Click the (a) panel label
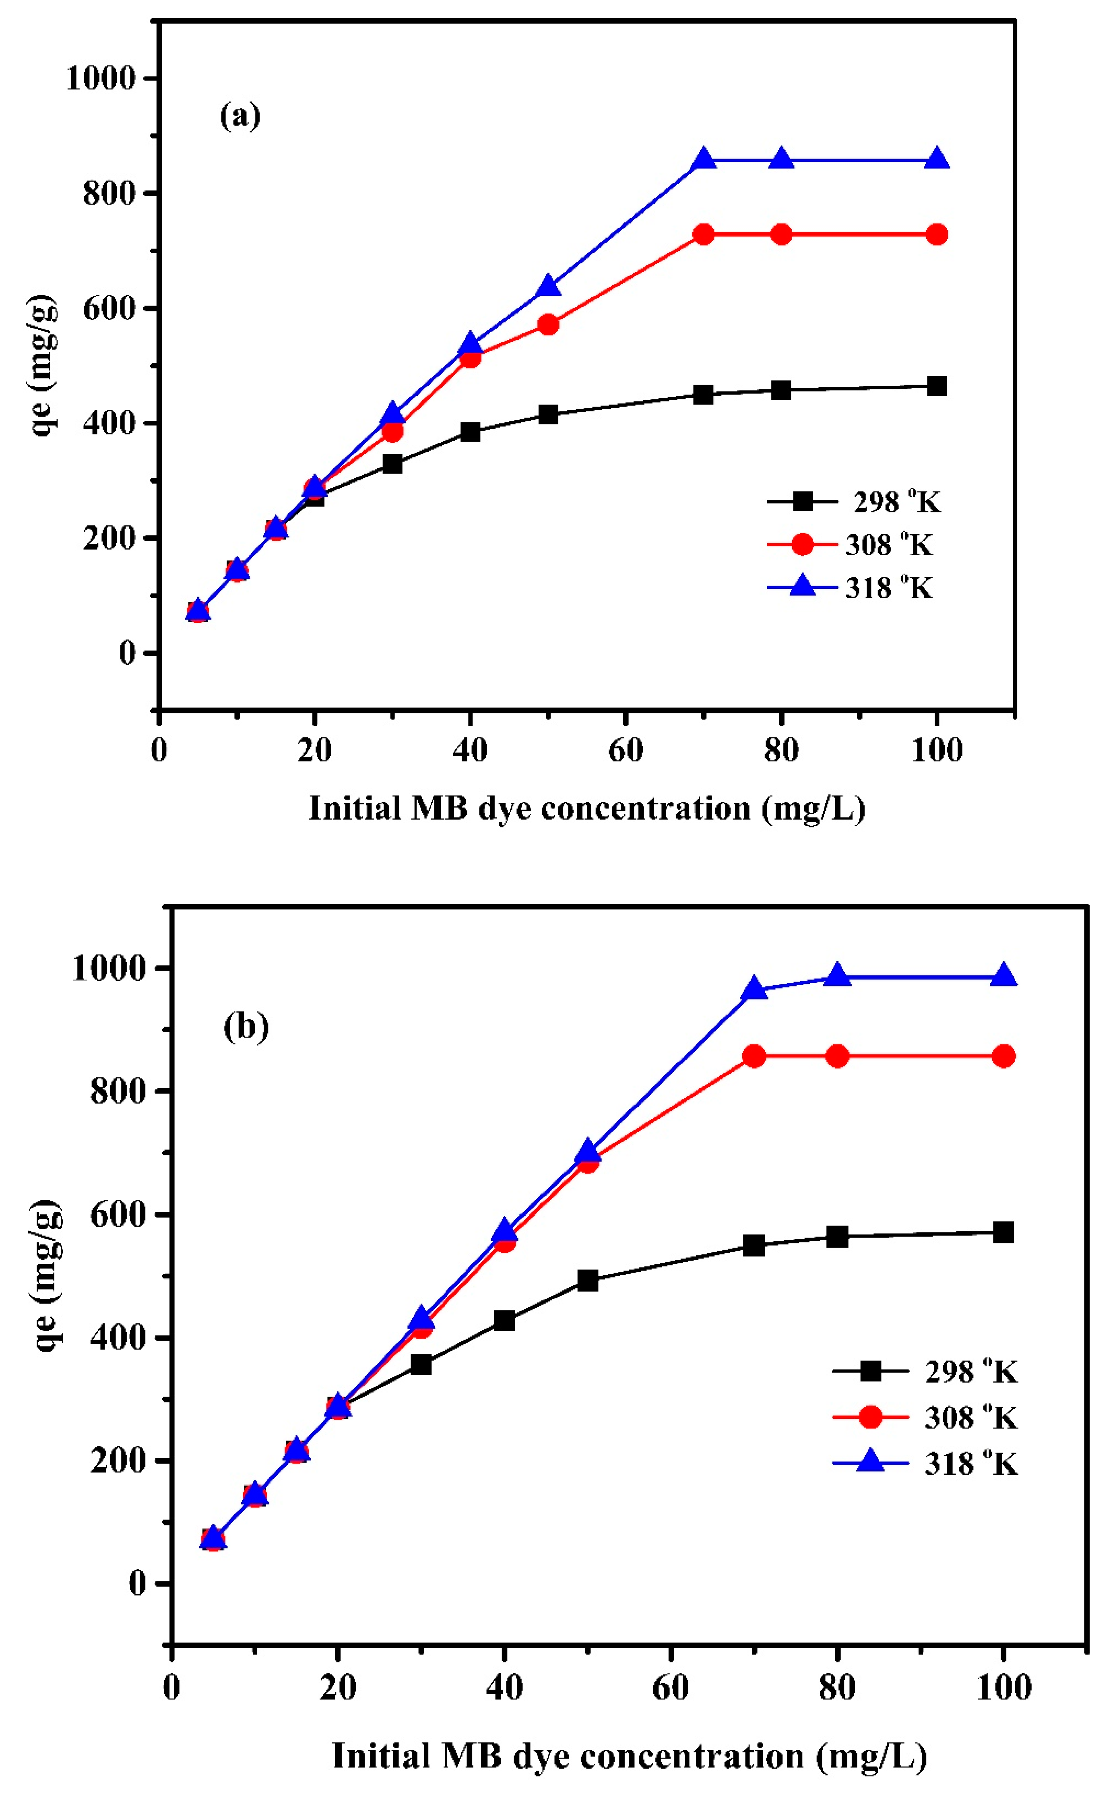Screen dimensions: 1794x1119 tap(241, 116)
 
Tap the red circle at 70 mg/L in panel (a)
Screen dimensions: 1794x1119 tap(704, 235)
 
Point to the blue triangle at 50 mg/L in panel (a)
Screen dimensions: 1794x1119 tap(548, 286)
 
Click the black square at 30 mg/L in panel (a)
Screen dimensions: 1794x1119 tap(392, 464)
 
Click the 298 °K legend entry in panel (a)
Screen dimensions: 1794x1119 tap(855, 502)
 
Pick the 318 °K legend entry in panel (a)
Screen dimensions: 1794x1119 tap(851, 588)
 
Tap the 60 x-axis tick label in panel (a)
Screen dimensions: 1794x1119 tap(626, 750)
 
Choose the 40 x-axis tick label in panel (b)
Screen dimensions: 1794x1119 tap(504, 1687)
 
